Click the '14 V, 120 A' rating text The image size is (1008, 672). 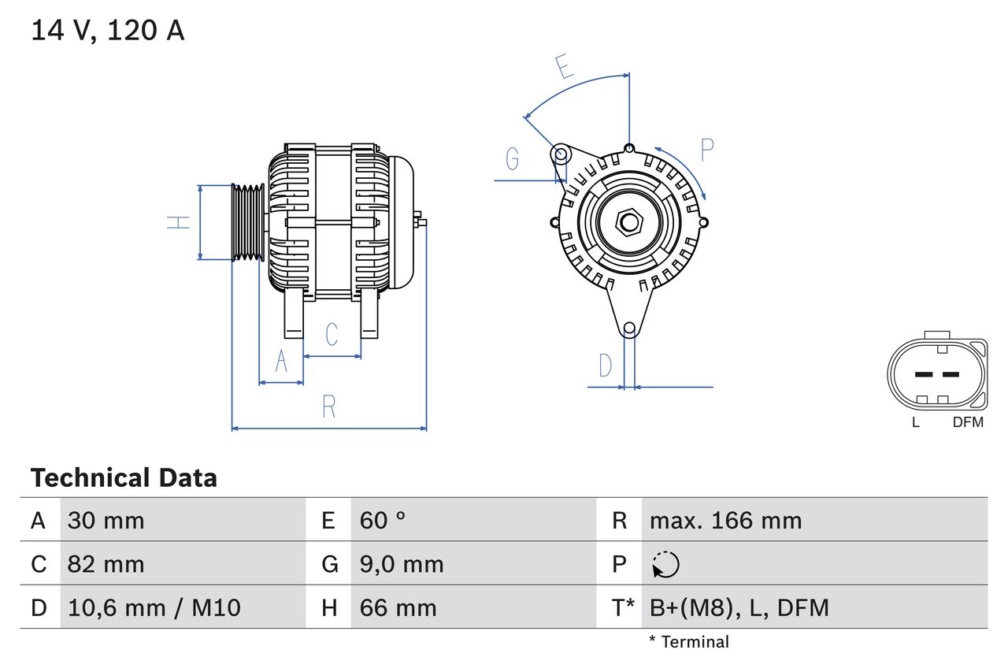(x=108, y=31)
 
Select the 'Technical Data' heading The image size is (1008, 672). (x=124, y=477)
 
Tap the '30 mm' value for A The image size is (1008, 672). (x=106, y=520)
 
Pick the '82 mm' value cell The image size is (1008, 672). (x=106, y=564)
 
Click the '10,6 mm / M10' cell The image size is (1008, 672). (x=154, y=607)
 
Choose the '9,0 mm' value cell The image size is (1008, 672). (x=402, y=564)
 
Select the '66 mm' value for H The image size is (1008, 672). (x=398, y=607)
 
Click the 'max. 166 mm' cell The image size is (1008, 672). (x=725, y=520)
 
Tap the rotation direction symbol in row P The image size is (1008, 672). (x=665, y=564)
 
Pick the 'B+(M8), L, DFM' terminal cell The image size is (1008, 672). (x=739, y=607)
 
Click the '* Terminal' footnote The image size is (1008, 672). (x=689, y=642)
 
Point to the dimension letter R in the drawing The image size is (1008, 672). (x=329, y=407)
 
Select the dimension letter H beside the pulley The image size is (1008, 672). (x=180, y=222)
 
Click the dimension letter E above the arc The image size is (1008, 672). (x=563, y=67)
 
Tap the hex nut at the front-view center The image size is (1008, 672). (x=628, y=222)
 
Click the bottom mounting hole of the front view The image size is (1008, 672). (x=629, y=329)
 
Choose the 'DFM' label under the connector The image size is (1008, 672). (x=968, y=422)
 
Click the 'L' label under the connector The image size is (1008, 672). (x=915, y=422)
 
